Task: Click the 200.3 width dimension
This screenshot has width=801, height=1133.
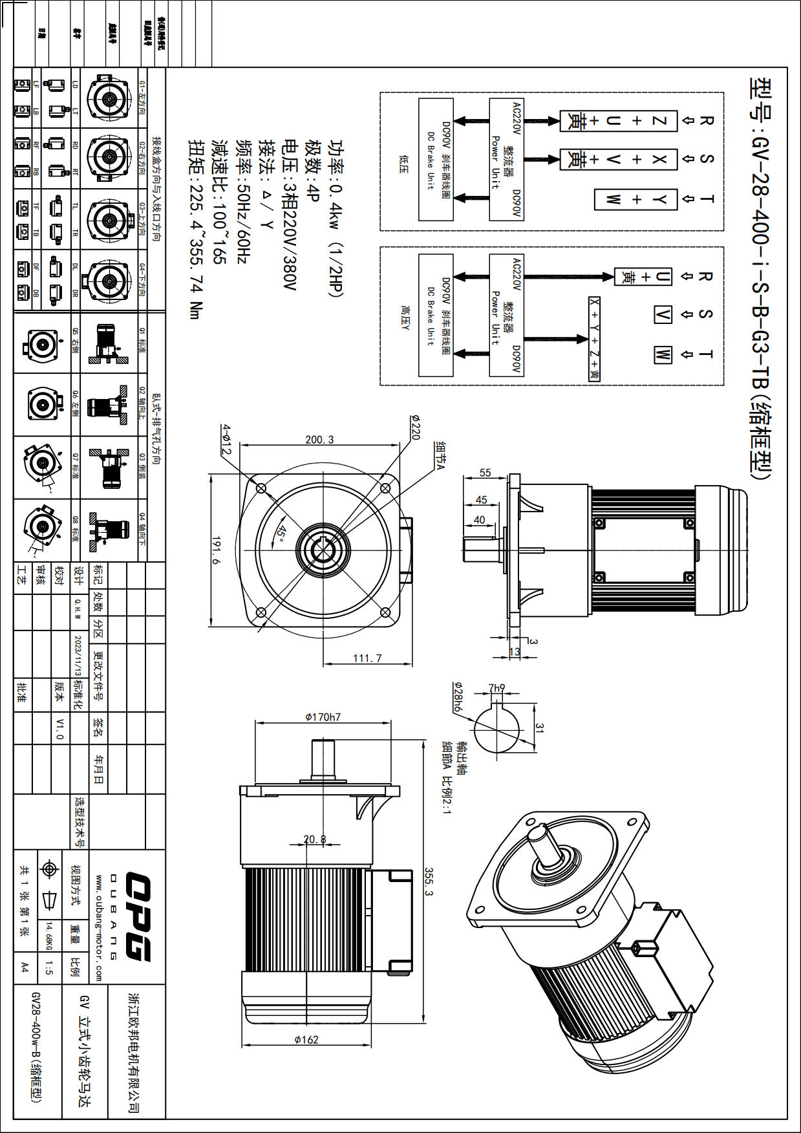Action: click(319, 440)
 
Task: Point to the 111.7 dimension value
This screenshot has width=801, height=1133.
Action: click(367, 658)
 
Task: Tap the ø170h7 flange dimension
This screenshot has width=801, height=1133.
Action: click(323, 717)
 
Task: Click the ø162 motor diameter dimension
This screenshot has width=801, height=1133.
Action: click(306, 1040)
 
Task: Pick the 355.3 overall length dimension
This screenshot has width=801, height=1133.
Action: click(429, 882)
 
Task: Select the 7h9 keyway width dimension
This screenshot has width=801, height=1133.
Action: click(497, 688)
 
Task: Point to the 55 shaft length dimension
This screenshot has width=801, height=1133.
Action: click(485, 473)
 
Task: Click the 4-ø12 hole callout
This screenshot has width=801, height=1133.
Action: click(226, 439)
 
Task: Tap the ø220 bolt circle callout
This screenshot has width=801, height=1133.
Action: click(415, 427)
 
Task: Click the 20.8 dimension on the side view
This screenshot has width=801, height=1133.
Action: click(315, 839)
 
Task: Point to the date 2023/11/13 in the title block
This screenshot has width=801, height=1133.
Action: click(78, 655)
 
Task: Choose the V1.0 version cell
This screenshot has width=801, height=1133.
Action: click(59, 728)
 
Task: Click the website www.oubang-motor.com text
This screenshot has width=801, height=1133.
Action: click(99, 927)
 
